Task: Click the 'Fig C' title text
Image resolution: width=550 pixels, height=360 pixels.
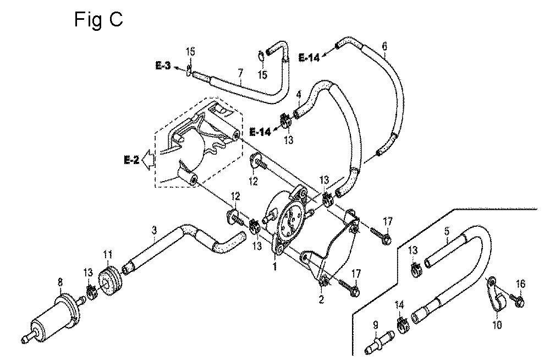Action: coord(98,20)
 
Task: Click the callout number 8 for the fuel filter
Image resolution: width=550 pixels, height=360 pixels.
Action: coord(61,282)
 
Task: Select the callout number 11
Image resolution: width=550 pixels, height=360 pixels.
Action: coord(107,254)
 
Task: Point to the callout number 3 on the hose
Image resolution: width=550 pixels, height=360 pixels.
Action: coord(153,231)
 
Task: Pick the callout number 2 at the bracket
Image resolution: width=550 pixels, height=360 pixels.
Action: coord(321,299)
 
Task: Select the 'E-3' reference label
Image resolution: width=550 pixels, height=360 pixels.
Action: coord(163,66)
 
